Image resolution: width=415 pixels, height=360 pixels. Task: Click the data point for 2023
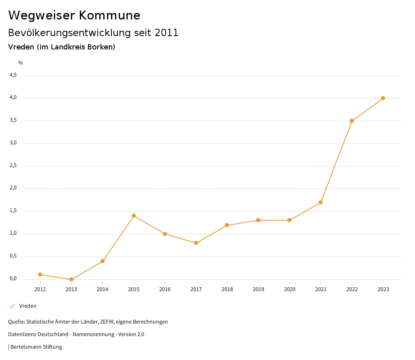tap(383, 98)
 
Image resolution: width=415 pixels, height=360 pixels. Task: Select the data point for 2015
tap(134, 216)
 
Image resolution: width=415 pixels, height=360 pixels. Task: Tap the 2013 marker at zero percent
tap(71, 279)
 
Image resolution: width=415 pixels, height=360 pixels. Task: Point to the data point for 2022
tap(352, 121)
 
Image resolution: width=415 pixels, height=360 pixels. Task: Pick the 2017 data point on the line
tap(196, 243)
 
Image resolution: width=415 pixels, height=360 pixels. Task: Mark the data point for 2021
tap(321, 202)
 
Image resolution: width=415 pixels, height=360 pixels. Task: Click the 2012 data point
tap(40, 274)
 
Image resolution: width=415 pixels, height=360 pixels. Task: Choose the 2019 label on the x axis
tap(258, 289)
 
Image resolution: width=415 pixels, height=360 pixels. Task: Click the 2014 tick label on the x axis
tap(103, 289)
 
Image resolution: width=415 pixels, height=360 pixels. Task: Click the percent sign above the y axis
tap(21, 63)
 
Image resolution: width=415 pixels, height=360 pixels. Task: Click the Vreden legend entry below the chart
tap(28, 306)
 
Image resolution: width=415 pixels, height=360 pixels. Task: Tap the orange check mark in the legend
tap(12, 306)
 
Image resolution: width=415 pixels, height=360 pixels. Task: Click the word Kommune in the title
tap(110, 15)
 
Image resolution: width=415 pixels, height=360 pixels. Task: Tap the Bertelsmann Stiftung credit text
tap(36, 347)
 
